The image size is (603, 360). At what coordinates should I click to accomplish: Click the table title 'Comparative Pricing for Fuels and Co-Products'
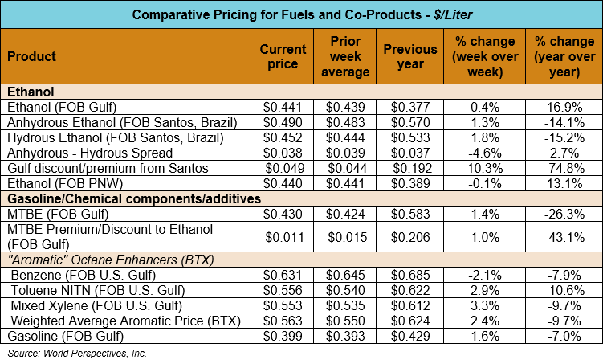[x=300, y=14]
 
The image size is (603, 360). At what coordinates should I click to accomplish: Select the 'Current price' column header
[x=283, y=56]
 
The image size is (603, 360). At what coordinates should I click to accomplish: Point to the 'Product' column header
[x=31, y=56]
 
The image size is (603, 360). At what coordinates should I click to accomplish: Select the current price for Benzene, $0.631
[x=283, y=276]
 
